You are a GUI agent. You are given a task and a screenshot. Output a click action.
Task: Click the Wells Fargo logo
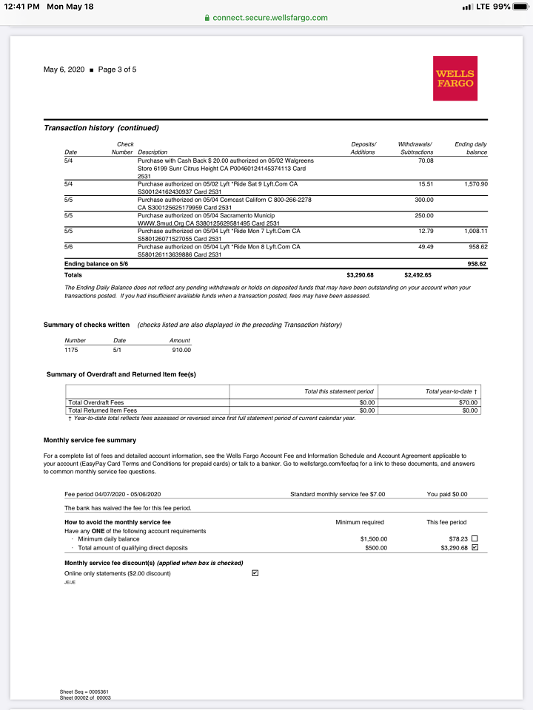click(x=455, y=78)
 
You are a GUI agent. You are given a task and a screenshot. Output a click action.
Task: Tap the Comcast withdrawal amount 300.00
click(x=423, y=200)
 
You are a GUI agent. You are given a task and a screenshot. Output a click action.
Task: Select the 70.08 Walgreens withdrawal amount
click(x=425, y=160)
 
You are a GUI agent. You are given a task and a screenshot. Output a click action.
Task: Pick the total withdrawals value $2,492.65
click(x=418, y=275)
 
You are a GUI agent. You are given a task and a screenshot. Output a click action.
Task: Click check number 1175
click(x=71, y=350)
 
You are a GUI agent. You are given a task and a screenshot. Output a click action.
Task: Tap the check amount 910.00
click(x=181, y=350)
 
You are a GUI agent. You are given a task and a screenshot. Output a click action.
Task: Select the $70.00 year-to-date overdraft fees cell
click(x=468, y=402)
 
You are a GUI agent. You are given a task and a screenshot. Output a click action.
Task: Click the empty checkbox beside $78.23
click(x=475, y=538)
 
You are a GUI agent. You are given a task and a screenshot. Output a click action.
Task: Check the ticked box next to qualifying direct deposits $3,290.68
click(x=475, y=548)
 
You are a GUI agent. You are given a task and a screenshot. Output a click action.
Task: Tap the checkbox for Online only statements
click(x=255, y=573)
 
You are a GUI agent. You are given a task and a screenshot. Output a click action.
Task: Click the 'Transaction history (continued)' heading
click(x=101, y=128)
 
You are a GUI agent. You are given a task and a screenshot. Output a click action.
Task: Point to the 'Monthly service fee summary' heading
click(x=90, y=441)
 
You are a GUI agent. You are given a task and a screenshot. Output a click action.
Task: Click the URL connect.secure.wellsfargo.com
click(x=269, y=18)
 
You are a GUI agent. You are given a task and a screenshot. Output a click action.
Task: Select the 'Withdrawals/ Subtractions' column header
click(x=415, y=148)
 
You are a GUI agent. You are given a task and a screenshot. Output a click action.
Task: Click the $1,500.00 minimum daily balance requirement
click(x=373, y=539)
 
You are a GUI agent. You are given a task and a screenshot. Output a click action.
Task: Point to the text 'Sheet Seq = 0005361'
click(x=84, y=692)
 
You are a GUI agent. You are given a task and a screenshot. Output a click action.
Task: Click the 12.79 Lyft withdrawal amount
click(x=425, y=231)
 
